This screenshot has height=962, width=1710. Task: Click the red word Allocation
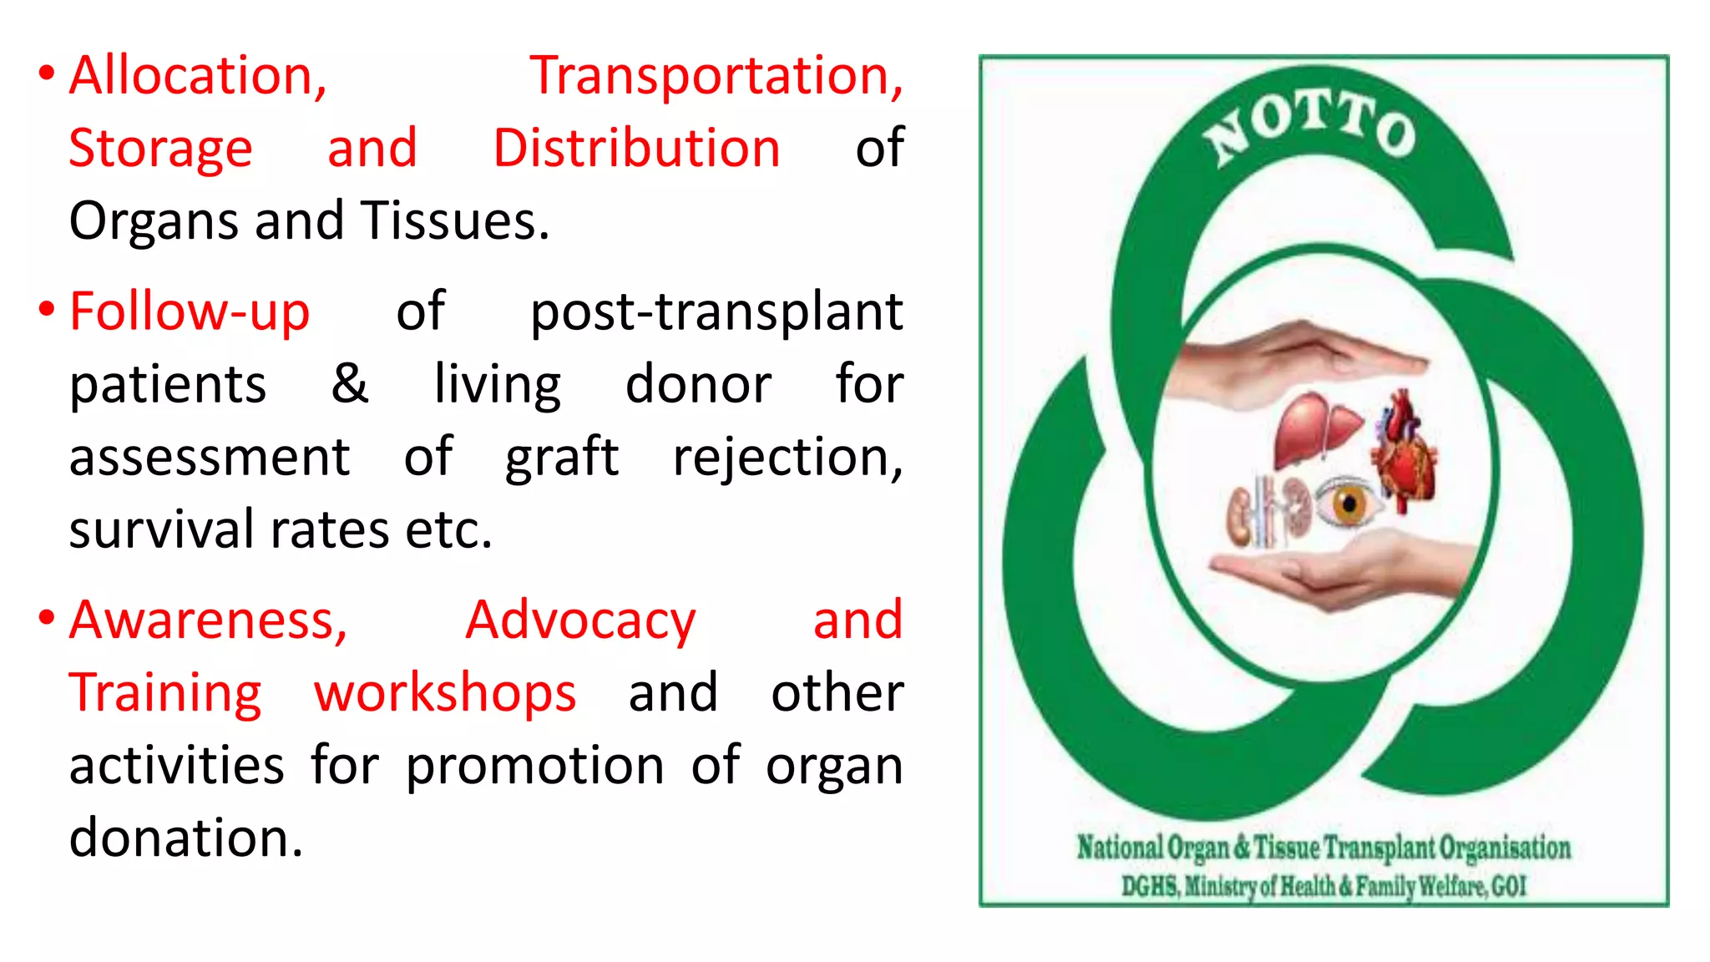click(x=197, y=76)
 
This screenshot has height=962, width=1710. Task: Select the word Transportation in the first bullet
click(x=716, y=76)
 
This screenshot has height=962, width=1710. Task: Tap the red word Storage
click(x=160, y=149)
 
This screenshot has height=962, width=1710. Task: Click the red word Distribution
click(x=636, y=149)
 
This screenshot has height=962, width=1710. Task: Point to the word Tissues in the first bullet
click(x=455, y=221)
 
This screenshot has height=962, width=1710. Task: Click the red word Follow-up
click(x=190, y=311)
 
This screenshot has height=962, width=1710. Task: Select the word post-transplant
click(x=716, y=311)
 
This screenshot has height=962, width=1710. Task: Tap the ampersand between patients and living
click(x=349, y=384)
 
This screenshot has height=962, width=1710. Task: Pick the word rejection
click(x=787, y=458)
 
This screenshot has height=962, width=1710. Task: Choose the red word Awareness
click(x=208, y=620)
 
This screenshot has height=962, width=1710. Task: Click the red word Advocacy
click(x=580, y=620)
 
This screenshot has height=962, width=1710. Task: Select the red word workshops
click(x=445, y=693)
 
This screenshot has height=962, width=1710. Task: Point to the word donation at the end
click(x=185, y=838)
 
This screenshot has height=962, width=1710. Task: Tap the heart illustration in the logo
click(x=1406, y=455)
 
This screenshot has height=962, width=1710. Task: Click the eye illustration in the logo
click(x=1347, y=504)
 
